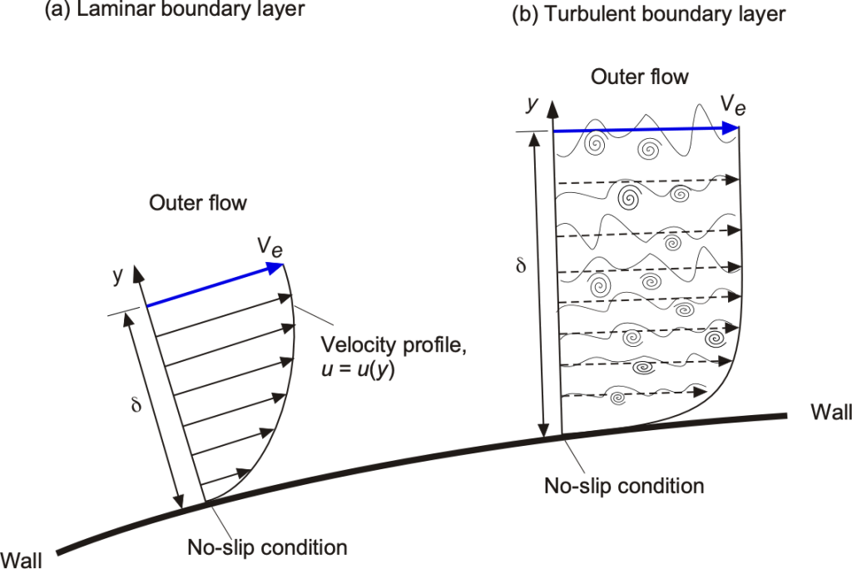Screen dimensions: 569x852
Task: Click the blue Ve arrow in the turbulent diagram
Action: pyautogui.click(x=645, y=129)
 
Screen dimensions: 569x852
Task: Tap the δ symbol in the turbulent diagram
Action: pyautogui.click(x=522, y=267)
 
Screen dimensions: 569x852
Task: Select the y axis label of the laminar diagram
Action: pyautogui.click(x=117, y=275)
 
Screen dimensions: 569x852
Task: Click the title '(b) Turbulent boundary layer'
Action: pyautogui.click(x=648, y=14)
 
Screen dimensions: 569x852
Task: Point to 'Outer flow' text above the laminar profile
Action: pyautogui.click(x=198, y=203)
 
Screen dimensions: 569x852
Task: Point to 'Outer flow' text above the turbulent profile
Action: pyautogui.click(x=640, y=77)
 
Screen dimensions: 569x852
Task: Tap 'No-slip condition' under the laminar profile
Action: pyautogui.click(x=266, y=548)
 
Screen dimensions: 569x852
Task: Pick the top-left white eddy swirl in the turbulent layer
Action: pyautogui.click(x=596, y=144)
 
